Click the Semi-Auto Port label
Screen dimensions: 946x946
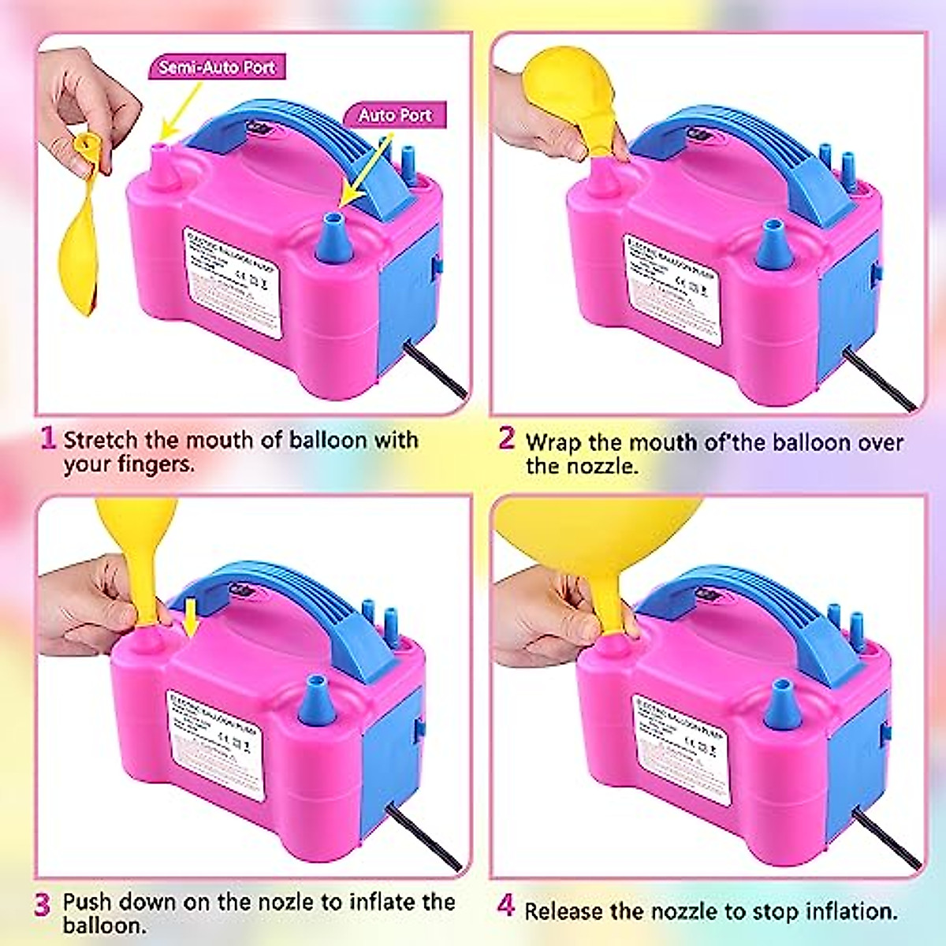217,67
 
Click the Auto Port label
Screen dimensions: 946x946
395,115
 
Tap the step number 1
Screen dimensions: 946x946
48,438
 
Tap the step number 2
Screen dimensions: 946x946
506,438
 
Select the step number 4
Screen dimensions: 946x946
506,907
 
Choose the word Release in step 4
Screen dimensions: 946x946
565,912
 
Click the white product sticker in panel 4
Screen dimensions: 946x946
682,749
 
